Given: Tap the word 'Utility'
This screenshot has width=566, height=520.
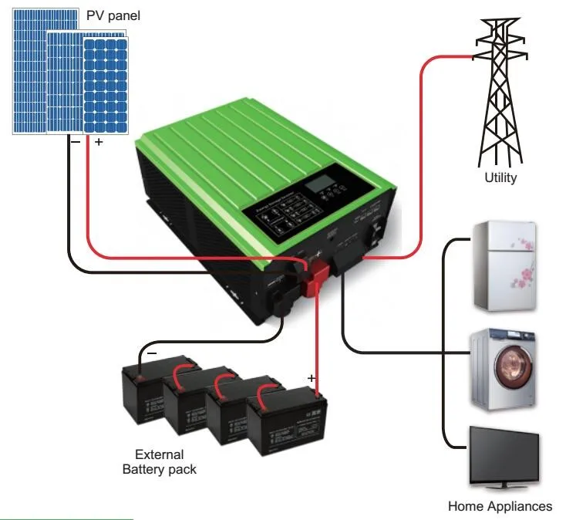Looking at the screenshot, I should pos(500,177).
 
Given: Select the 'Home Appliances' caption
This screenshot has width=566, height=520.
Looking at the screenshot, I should pos(500,506).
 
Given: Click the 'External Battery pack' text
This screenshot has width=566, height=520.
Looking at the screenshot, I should pos(159,461).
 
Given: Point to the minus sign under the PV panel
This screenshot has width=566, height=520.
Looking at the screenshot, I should pos(75,143).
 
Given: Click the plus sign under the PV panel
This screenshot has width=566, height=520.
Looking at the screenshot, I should pos(98,143).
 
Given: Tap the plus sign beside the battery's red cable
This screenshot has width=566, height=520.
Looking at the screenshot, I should pos(311,377).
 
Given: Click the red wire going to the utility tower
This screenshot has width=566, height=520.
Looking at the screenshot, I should pos(423,154).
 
